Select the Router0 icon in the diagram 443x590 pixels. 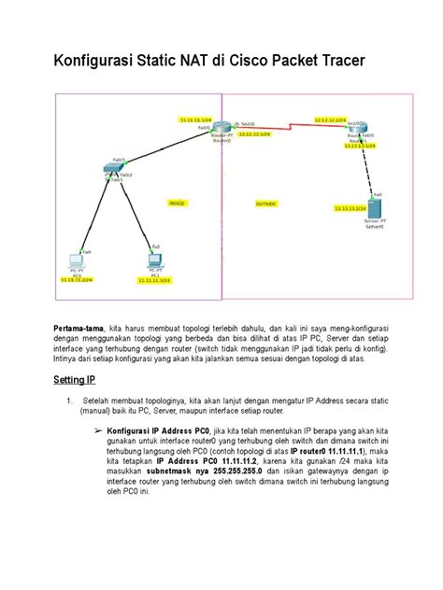click(x=221, y=128)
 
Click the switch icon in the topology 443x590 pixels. click(x=114, y=168)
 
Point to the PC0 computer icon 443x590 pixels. click(x=78, y=262)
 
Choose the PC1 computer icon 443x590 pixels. click(x=154, y=260)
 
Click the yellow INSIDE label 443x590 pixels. click(x=177, y=203)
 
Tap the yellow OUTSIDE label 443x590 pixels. click(x=265, y=203)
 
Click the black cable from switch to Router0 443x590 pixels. click(x=164, y=148)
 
